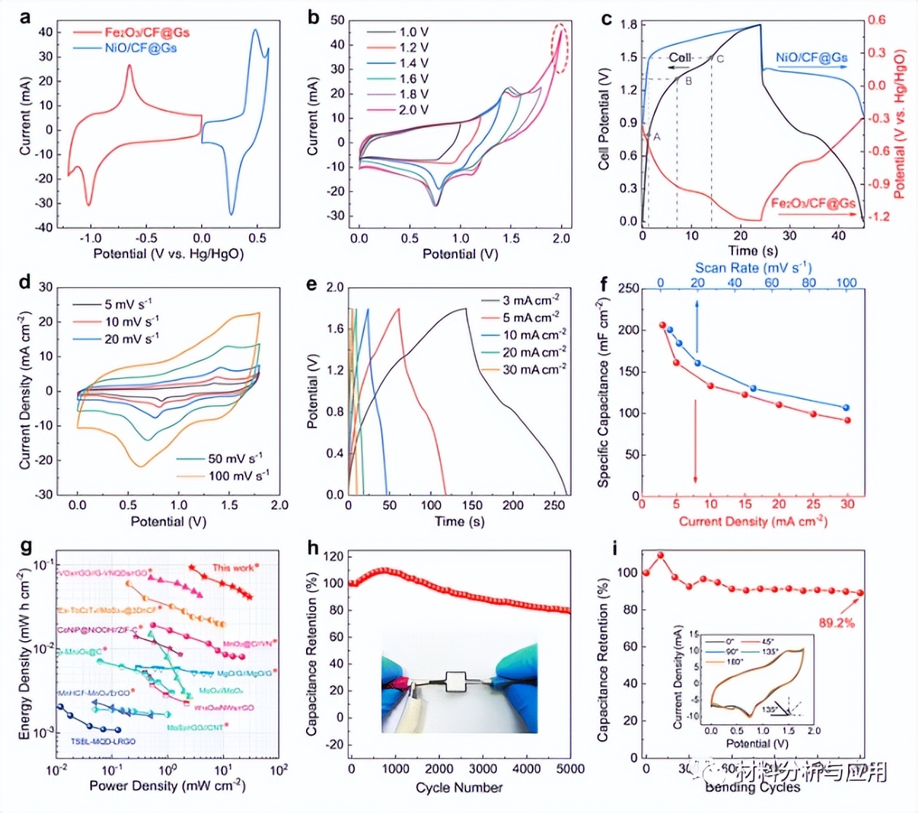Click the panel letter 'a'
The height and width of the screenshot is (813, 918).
[x=25, y=17]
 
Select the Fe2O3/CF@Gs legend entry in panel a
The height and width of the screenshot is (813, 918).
[x=146, y=32]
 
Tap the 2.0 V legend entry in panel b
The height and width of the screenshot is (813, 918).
[x=413, y=110]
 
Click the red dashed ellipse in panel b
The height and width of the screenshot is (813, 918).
[x=560, y=47]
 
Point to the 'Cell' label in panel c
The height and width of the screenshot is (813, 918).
[x=679, y=58]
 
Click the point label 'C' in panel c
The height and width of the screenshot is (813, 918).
[x=720, y=58]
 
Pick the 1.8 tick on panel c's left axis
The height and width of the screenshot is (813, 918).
[x=628, y=25]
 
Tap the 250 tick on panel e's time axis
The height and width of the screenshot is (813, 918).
[x=554, y=505]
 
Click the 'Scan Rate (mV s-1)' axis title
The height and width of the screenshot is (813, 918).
[x=753, y=268]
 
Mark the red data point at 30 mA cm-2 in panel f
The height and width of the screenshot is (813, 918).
[x=847, y=420]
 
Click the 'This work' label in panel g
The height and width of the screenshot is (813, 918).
[x=234, y=567]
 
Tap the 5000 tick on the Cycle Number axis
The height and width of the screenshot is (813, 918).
[x=570, y=769]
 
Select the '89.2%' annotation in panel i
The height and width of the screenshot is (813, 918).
[x=836, y=623]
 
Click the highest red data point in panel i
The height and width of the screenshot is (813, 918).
[x=661, y=555]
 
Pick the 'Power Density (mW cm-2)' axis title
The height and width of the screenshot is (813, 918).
[x=167, y=785]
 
